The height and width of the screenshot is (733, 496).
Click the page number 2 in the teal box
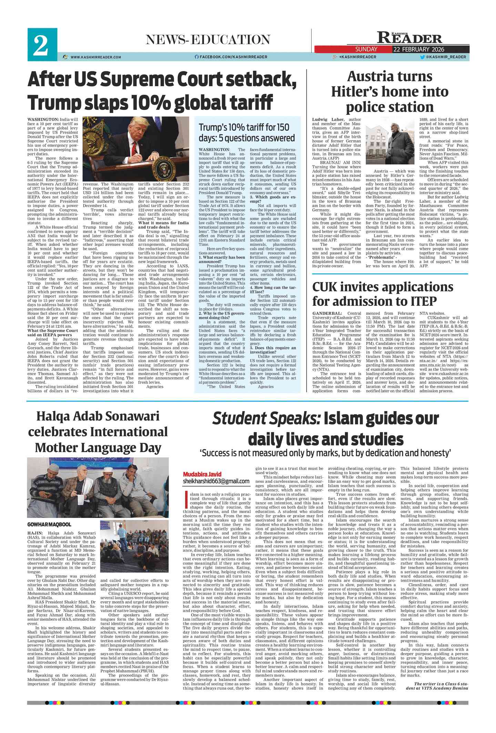[42, 45]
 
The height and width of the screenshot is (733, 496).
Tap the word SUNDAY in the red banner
[366, 49]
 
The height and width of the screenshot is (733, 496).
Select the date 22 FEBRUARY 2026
[418, 49]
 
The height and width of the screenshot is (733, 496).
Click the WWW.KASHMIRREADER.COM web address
[95, 57]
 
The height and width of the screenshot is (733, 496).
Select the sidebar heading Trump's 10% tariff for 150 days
[246, 132]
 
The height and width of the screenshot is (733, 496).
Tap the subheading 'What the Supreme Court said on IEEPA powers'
[53, 333]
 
